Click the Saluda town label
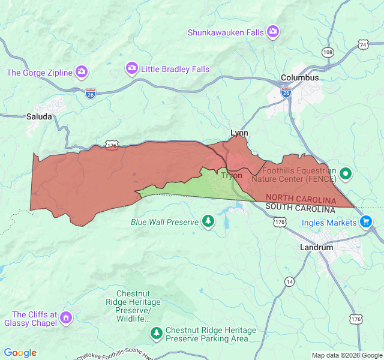tap(39, 116)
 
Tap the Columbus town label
tap(300, 77)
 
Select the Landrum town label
tap(316, 247)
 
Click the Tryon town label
tap(232, 175)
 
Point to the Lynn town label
tap(239, 133)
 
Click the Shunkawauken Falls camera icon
tap(273, 31)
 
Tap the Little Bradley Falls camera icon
tap(132, 69)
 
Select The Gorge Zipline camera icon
tap(82, 73)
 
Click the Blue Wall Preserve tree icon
tap(208, 222)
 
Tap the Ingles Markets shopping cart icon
tap(366, 222)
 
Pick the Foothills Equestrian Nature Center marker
tap(346, 175)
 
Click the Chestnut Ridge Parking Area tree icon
tap(157, 332)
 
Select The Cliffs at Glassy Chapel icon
tap(66, 316)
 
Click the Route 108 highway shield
tap(328, 52)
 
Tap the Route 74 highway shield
tap(362, 44)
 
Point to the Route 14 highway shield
tap(290, 281)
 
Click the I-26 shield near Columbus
tap(286, 92)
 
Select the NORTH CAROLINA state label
tap(301, 199)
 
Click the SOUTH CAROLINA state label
tap(300, 208)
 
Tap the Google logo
tap(20, 353)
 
